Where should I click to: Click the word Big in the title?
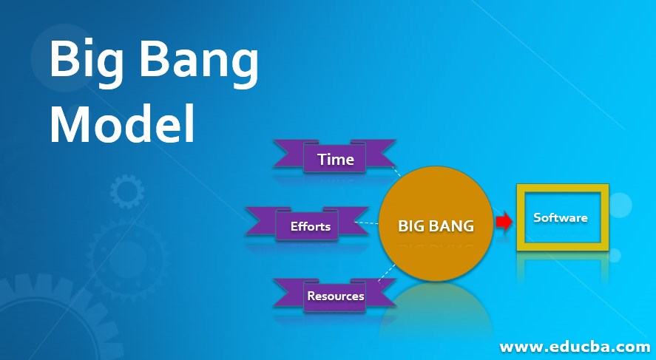87,60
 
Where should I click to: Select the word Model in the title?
123,123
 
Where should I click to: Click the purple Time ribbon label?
336,160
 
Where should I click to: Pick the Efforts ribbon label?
311,226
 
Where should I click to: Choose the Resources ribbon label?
336,296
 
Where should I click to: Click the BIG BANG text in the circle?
436,226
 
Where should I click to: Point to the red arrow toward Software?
504,222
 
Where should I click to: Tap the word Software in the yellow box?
560,217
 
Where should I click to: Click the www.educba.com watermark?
575,347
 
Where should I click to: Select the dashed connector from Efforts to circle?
367,223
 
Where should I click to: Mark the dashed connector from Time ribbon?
396,171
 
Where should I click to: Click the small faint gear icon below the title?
127,191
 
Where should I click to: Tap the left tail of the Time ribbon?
288,154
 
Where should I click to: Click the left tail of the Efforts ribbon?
260,221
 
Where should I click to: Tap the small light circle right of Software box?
620,206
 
